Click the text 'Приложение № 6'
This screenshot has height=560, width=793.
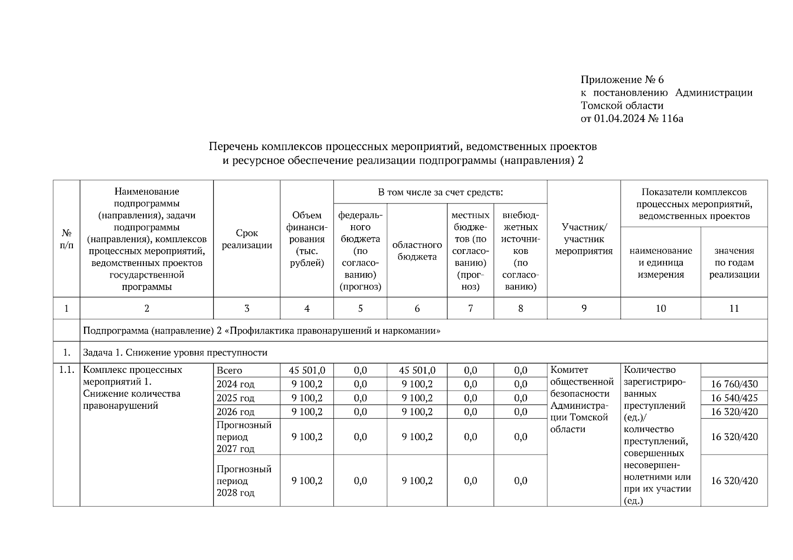tap(622, 79)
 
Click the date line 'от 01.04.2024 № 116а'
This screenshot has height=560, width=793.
tap(631, 119)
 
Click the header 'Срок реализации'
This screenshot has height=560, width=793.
tap(247, 239)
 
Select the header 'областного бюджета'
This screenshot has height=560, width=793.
tap(417, 251)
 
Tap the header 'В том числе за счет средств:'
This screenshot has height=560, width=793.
tap(440, 192)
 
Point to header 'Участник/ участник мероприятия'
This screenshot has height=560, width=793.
tap(583, 239)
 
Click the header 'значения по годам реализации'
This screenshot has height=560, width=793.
tap(734, 263)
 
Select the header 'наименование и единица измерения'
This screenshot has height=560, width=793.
tap(660, 263)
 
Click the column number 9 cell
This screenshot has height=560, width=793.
tap(583, 308)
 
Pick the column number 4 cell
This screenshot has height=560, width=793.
tap(306, 308)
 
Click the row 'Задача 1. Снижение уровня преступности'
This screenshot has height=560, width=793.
tap(175, 352)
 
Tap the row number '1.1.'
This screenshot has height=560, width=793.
tap(66, 370)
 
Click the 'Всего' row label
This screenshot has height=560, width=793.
tap(229, 371)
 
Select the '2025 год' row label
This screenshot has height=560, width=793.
tap(235, 398)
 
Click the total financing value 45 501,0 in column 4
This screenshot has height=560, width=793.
tap(306, 371)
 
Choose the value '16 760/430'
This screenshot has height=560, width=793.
tap(734, 384)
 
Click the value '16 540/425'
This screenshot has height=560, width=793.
tap(734, 398)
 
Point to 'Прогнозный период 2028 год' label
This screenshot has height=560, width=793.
tap(244, 481)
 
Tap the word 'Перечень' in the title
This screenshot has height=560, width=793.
tap(232, 147)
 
